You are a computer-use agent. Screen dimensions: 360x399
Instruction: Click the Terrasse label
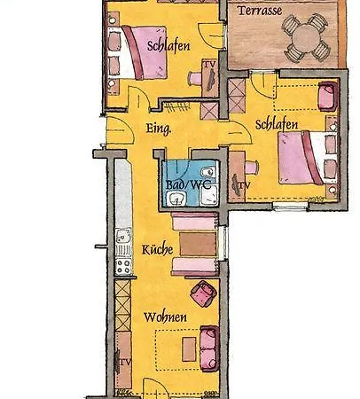pyautogui.click(x=260, y=11)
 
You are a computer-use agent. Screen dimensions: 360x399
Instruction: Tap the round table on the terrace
pyautogui.click(x=306, y=37)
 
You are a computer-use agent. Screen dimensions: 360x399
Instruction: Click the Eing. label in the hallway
pyautogui.click(x=159, y=129)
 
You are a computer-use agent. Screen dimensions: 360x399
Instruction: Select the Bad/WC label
pyautogui.click(x=188, y=184)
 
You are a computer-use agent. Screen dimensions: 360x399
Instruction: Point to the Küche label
pyautogui.click(x=158, y=249)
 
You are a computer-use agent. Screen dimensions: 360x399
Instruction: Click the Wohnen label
pyautogui.click(x=165, y=317)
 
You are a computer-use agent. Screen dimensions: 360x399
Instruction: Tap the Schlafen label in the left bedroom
pyautogui.click(x=168, y=46)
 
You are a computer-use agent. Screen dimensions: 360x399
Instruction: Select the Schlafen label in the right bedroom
pyautogui.click(x=277, y=125)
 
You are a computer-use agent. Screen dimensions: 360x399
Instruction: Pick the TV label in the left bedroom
pyautogui.click(x=209, y=64)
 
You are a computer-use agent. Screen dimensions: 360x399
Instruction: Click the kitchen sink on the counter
pyautogui.click(x=122, y=237)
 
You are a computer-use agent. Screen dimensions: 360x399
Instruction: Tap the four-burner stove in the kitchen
pyautogui.click(x=123, y=266)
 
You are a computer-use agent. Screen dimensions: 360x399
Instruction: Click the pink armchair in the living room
pyautogui.click(x=203, y=293)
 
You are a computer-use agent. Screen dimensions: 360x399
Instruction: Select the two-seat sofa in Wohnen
pyautogui.click(x=209, y=348)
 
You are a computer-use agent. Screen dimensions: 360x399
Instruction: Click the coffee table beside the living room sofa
pyautogui.click(x=189, y=349)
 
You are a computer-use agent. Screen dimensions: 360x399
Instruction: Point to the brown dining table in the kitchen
pyautogui.click(x=198, y=244)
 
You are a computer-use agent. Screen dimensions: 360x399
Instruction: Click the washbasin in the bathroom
pyautogui.click(x=176, y=199)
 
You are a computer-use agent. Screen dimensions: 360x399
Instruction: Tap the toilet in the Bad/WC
pyautogui.click(x=208, y=172)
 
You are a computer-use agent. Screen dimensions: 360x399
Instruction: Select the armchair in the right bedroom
pyautogui.click(x=328, y=96)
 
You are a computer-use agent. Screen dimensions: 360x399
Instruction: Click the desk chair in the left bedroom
pyautogui.click(x=194, y=79)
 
